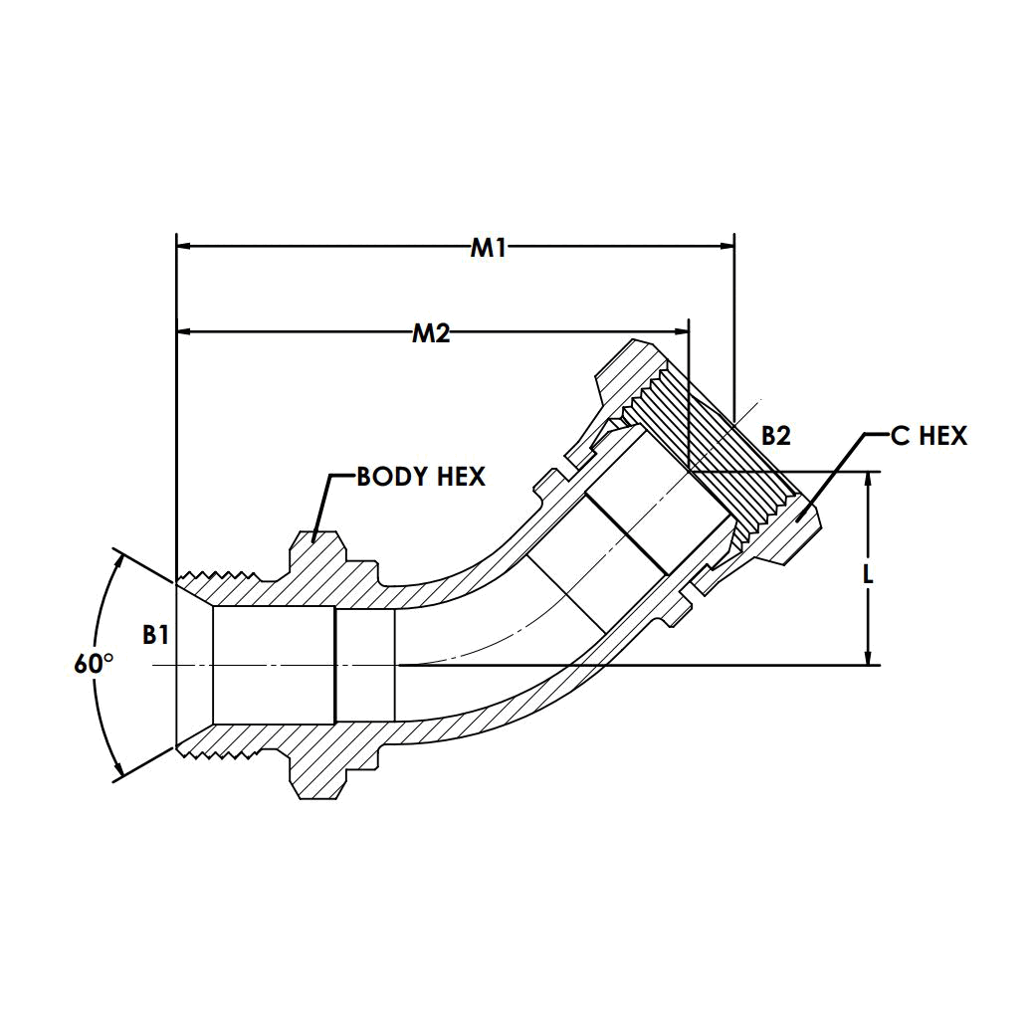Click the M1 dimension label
tap(489, 248)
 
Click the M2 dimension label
tap(431, 333)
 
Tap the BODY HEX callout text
tap(421, 477)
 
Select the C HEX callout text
tap(929, 436)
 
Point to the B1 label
tap(156, 635)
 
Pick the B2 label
tap(776, 436)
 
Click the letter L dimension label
tap(868, 575)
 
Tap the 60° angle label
tap(94, 664)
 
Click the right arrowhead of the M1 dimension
tap(726, 247)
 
